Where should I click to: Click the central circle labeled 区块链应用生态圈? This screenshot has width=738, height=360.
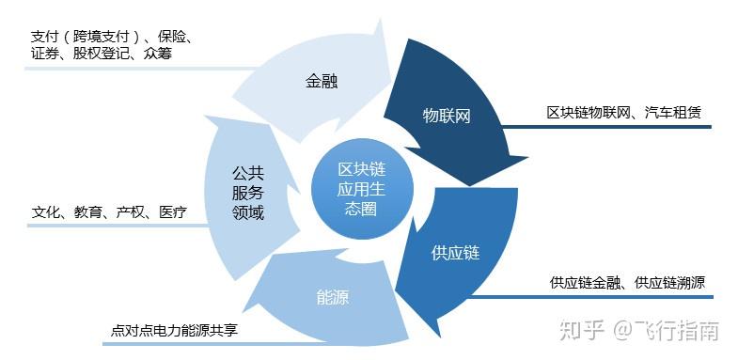click(x=362, y=188)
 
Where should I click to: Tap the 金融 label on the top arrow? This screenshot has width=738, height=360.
click(x=320, y=81)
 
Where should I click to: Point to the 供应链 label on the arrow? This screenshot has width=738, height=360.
click(x=455, y=253)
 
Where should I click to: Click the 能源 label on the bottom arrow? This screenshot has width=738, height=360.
click(x=332, y=298)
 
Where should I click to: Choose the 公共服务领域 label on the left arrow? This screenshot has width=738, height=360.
click(x=248, y=193)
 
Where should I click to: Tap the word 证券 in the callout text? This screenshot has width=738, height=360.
click(x=46, y=55)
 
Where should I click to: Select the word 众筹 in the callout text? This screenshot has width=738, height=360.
click(x=157, y=55)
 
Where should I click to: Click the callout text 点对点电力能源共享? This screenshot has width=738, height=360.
click(x=174, y=331)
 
